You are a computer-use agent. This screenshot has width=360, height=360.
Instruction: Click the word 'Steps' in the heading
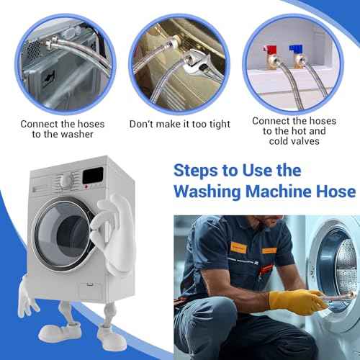201,169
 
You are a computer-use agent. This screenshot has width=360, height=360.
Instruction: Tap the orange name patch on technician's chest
268,250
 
